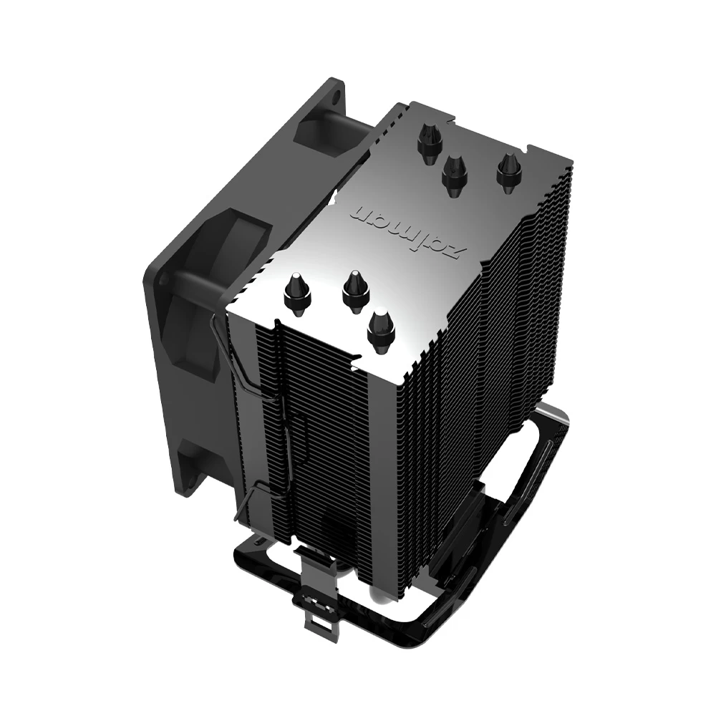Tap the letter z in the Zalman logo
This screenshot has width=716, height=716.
click(x=458, y=251)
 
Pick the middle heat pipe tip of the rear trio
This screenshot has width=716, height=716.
click(x=454, y=172)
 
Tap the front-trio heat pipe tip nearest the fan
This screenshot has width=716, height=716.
click(x=297, y=292)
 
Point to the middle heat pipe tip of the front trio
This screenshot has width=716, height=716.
click(x=354, y=290)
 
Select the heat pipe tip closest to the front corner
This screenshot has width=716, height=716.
click(x=381, y=329)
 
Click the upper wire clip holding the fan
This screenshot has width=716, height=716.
click(x=229, y=351)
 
